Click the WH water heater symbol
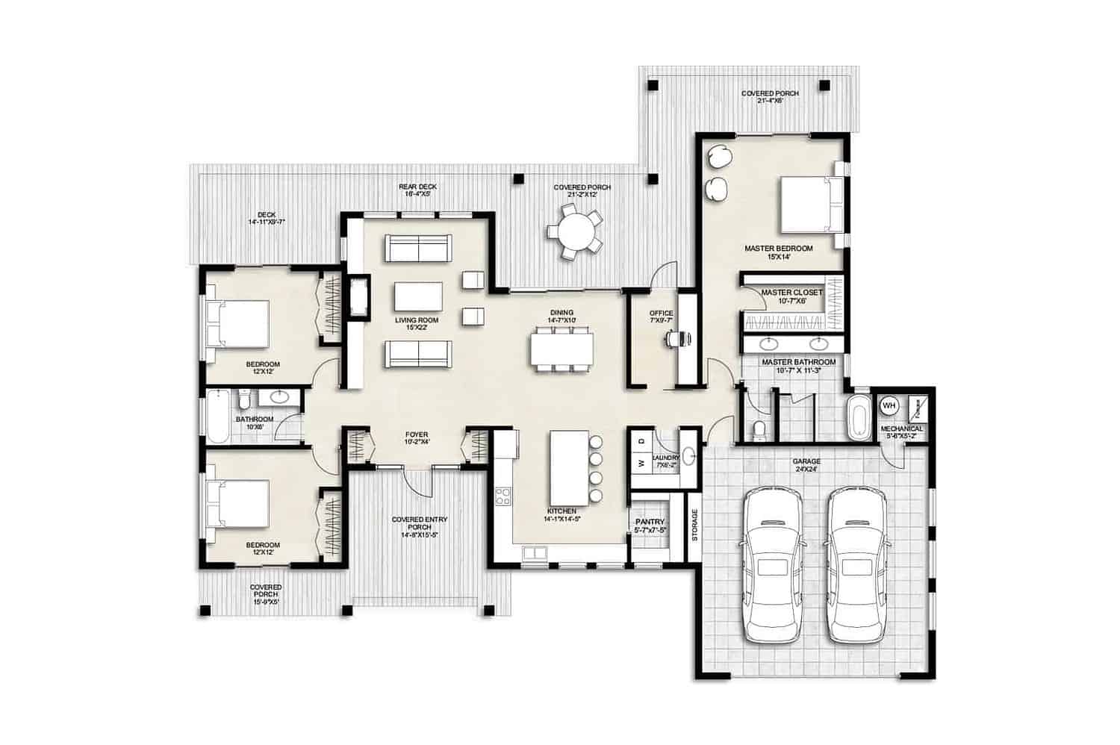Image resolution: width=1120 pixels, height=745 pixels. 889,405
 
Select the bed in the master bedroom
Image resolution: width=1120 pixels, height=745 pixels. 811,205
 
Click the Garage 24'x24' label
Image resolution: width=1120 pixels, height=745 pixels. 806,466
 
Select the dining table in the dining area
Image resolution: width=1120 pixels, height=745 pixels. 562,349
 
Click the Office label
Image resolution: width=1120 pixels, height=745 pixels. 661,317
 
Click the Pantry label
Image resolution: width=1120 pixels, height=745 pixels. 650,526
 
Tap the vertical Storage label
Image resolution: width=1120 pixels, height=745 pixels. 694,525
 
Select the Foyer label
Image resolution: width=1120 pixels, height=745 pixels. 416,437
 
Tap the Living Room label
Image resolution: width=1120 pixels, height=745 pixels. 417,323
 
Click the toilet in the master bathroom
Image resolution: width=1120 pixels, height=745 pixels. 759,431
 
